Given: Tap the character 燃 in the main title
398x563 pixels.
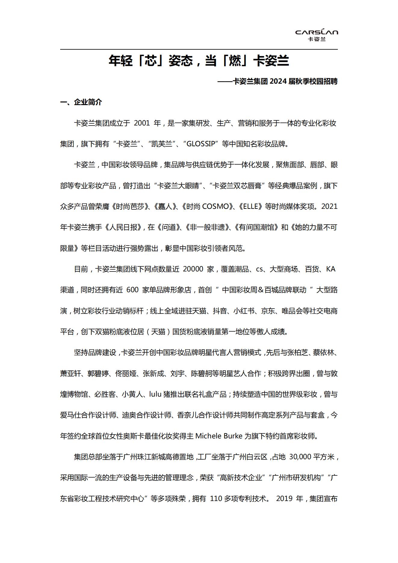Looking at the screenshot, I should (235, 60).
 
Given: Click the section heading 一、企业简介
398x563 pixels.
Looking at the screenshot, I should (81, 102).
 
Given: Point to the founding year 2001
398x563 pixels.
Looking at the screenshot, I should (142, 123).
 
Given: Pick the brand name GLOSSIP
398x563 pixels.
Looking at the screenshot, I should (201, 144).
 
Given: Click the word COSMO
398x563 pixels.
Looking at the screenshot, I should (215, 207).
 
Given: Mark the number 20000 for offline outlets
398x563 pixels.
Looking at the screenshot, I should (193, 269).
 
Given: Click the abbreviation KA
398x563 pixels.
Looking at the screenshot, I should (331, 269).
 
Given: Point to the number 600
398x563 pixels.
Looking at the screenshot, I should (132, 290).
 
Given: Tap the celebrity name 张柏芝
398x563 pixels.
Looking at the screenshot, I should (298, 353).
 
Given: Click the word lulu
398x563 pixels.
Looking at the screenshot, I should (155, 394).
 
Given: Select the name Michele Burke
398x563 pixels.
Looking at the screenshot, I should (219, 436).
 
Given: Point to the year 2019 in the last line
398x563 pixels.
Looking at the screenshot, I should (284, 499).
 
